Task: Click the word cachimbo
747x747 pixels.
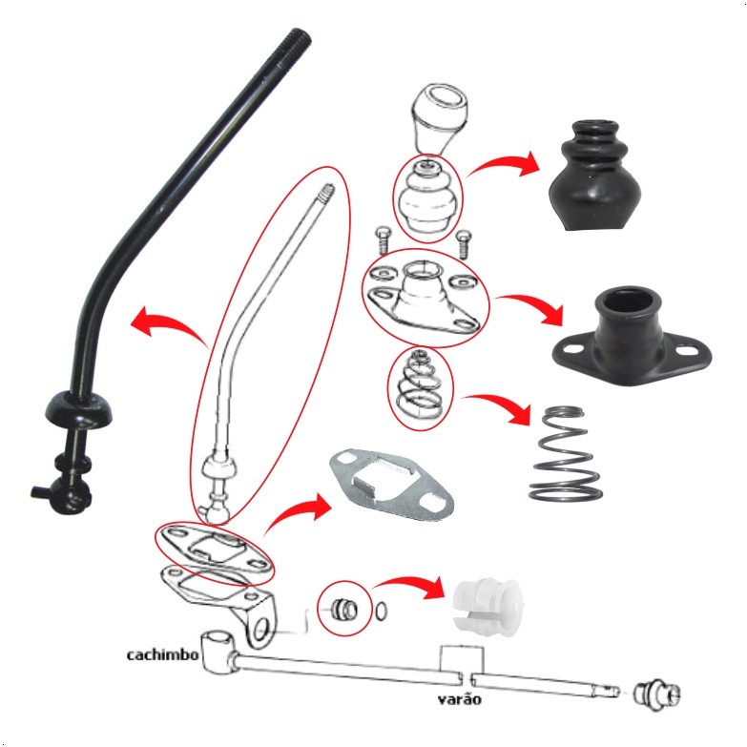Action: (x=162, y=654)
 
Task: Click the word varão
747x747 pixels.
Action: (x=459, y=699)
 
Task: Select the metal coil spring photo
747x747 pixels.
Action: (x=565, y=453)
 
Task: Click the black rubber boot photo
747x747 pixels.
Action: (x=595, y=176)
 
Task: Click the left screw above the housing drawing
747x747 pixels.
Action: (x=383, y=239)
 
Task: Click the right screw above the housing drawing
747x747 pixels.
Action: (x=464, y=244)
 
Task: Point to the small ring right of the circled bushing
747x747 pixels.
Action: (x=381, y=611)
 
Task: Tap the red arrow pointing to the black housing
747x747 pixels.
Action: (x=529, y=307)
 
